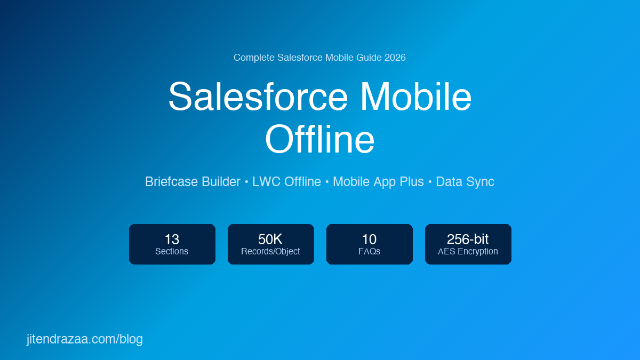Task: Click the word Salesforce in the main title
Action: point(258,97)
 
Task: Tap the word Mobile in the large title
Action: point(415,97)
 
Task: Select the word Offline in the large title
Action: point(319,139)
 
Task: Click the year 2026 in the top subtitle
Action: point(395,58)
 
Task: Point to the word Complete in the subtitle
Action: point(254,58)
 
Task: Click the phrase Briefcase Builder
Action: point(193,182)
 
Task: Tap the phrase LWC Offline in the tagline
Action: point(286,182)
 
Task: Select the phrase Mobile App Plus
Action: point(378,182)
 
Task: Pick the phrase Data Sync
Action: point(465,182)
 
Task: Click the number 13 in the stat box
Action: point(172,239)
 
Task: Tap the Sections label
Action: point(172,251)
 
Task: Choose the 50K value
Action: point(270,239)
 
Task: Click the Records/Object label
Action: point(270,251)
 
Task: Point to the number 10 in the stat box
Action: point(369,239)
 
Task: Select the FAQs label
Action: point(369,251)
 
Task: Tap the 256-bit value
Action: point(468,239)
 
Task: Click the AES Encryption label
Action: point(468,251)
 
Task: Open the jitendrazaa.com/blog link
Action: point(85,339)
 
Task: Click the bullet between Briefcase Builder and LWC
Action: point(246,182)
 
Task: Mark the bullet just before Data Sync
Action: point(430,182)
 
